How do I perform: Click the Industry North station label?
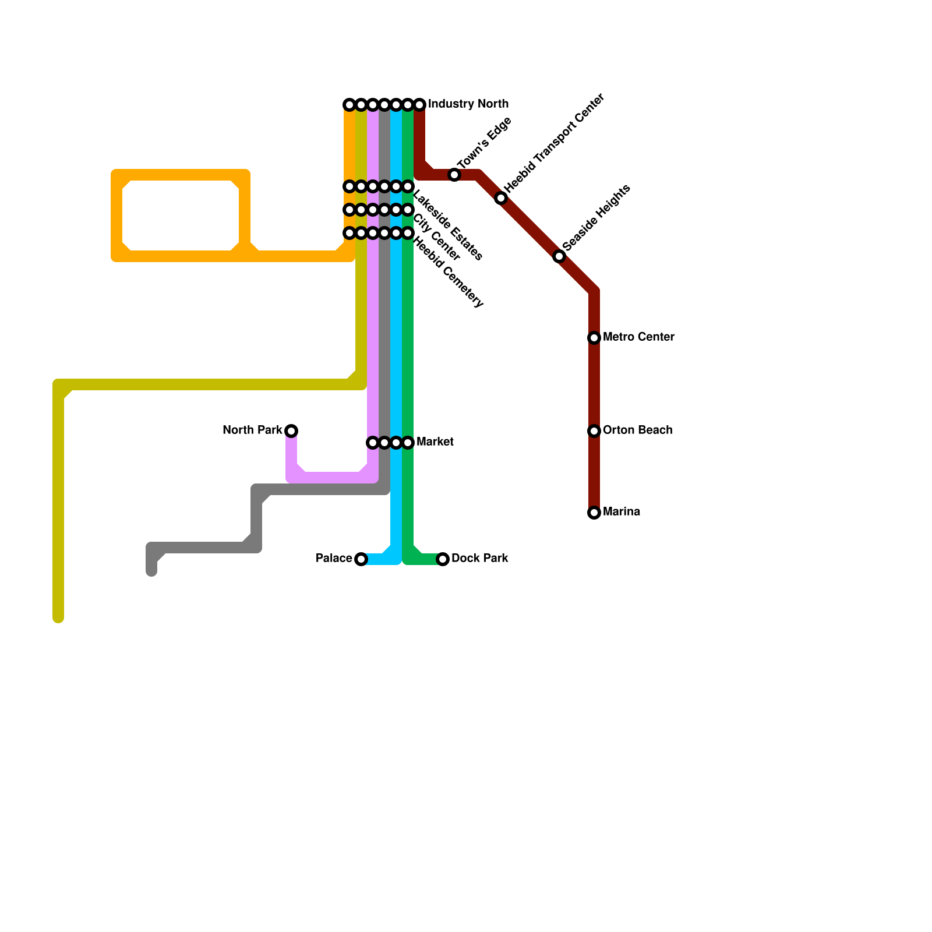[x=468, y=104]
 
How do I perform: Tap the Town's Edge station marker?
[x=454, y=175]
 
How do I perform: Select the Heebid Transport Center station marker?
[x=501, y=198]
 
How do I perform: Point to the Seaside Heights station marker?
[x=559, y=256]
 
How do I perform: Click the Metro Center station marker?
[x=594, y=338]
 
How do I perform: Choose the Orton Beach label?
[x=637, y=430]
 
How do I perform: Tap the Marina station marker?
[x=594, y=513]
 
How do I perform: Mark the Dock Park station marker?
[x=443, y=559]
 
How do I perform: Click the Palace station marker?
[x=361, y=559]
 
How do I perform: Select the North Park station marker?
[x=291, y=431]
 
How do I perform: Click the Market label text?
[x=435, y=442]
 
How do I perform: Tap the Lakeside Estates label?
[x=447, y=225]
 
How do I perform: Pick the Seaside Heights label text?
[x=596, y=218]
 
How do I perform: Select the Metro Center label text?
[x=638, y=337]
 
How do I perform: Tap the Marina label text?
[x=622, y=512]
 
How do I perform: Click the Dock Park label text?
[x=479, y=559]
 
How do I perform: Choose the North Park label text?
[x=252, y=430]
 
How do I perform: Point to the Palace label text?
[x=334, y=559]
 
